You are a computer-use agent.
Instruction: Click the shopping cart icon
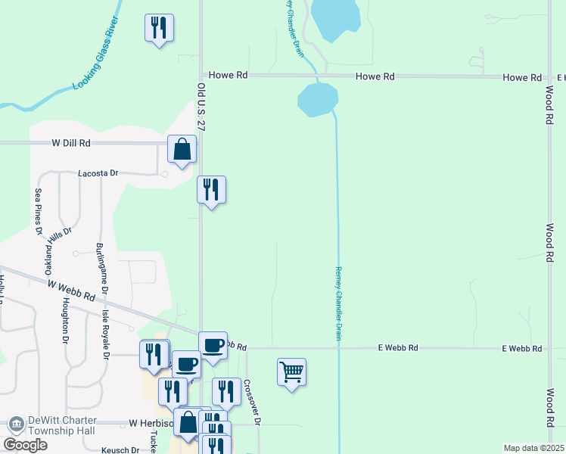pyautogui.click(x=291, y=372)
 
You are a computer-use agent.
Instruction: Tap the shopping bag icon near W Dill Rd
pyautogui.click(x=182, y=150)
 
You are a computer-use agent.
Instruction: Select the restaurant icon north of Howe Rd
pyautogui.click(x=159, y=29)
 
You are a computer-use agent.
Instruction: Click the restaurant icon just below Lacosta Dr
pyautogui.click(x=211, y=190)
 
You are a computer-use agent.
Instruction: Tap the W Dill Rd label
pyautogui.click(x=71, y=142)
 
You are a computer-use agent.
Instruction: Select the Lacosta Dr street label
pyautogui.click(x=99, y=173)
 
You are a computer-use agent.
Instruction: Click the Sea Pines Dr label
pyautogui.click(x=38, y=212)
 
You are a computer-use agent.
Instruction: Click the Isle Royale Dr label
pyautogui.click(x=105, y=318)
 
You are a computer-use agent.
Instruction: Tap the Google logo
pyautogui.click(x=25, y=445)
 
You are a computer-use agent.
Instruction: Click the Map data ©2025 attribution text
pyautogui.click(x=533, y=448)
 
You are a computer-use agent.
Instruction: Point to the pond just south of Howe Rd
pyautogui.click(x=318, y=100)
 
